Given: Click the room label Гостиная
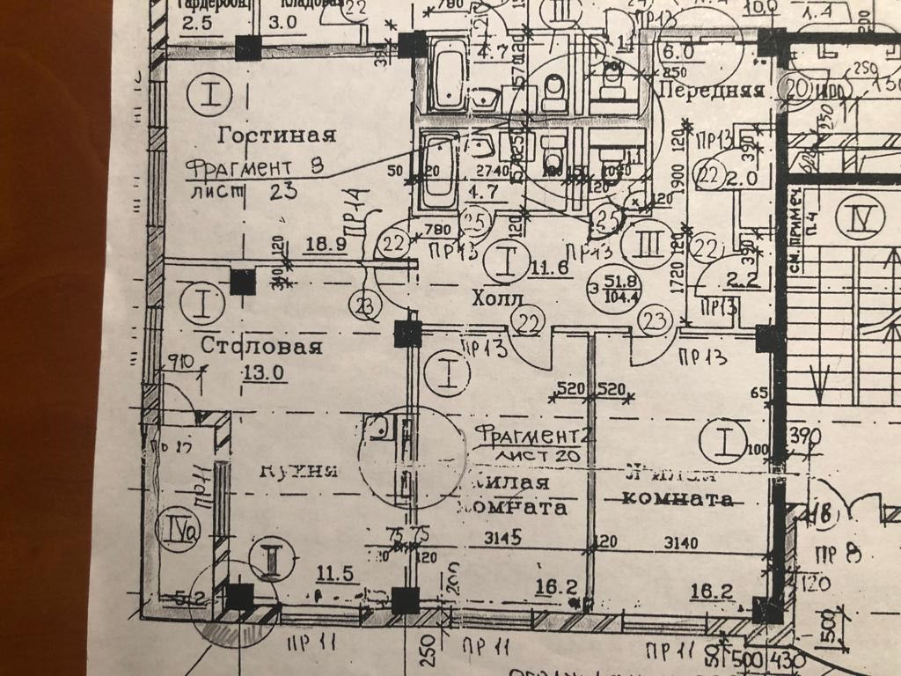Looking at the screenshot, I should [277, 135].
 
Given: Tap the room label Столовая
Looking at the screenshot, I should [261, 345].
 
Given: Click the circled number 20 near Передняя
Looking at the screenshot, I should [798, 88].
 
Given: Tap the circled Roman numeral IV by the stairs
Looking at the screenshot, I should [852, 217].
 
